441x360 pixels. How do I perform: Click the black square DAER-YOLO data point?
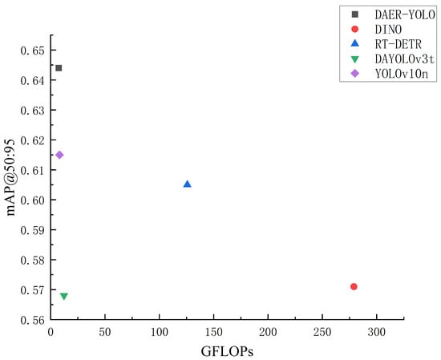(x=59, y=68)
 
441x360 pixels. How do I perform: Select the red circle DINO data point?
(x=354, y=286)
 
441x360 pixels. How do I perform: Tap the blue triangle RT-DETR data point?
(x=188, y=184)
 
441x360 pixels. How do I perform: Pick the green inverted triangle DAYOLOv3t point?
(x=64, y=296)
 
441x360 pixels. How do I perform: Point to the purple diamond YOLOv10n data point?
(x=59, y=155)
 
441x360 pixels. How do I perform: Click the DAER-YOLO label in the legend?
(x=405, y=14)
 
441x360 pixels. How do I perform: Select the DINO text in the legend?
(x=388, y=30)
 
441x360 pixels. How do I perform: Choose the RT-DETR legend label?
(x=399, y=44)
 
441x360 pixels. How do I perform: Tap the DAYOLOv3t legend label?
(x=405, y=59)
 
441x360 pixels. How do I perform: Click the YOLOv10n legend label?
(x=402, y=74)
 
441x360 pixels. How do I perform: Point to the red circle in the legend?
(x=355, y=29)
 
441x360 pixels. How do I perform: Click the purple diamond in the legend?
(x=355, y=74)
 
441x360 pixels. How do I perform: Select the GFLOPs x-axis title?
(x=227, y=351)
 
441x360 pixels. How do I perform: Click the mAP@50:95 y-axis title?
(x=10, y=177)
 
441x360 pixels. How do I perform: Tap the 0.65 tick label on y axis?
(x=33, y=51)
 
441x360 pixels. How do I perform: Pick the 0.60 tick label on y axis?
(x=33, y=200)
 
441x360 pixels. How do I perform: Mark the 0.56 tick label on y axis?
(x=33, y=320)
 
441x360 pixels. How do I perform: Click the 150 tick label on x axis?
(x=214, y=332)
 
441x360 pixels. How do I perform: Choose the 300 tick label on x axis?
(x=377, y=332)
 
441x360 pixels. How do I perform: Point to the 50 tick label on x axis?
(x=104, y=332)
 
